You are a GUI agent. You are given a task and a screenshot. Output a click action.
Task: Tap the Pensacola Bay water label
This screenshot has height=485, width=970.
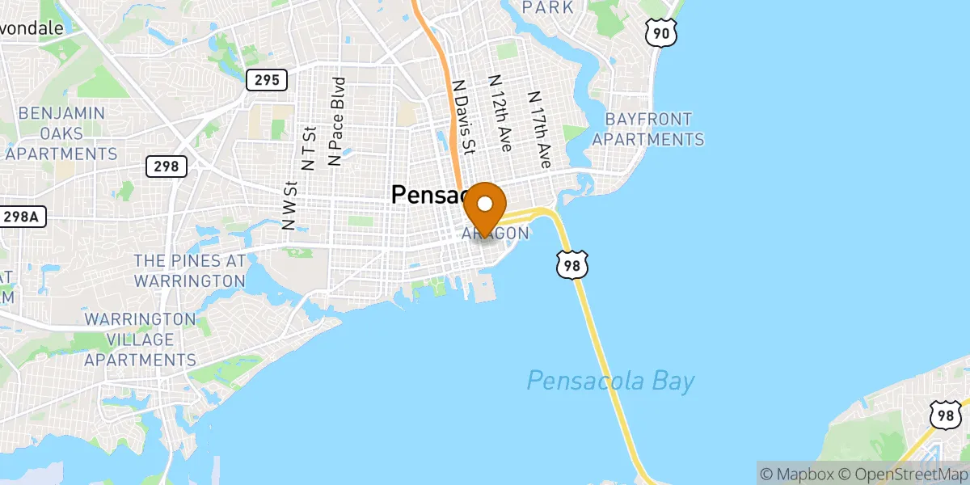click(x=610, y=380)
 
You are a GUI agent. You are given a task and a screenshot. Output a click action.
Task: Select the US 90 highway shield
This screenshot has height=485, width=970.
click(x=660, y=32)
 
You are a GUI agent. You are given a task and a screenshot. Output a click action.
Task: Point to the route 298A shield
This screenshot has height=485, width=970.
click(x=22, y=217)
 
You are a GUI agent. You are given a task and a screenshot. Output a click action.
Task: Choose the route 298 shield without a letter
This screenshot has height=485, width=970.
click(x=167, y=167)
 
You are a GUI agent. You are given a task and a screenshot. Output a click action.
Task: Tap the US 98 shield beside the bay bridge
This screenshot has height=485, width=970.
click(x=571, y=265)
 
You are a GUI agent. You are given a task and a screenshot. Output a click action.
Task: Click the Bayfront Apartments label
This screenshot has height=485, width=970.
click(x=648, y=129)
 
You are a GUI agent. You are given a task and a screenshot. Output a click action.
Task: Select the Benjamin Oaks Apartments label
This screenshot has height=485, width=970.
click(x=61, y=133)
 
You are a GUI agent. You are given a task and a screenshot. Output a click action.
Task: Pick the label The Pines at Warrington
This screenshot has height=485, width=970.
click(x=189, y=271)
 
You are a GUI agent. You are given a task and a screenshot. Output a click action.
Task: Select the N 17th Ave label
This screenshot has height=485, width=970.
click(x=539, y=129)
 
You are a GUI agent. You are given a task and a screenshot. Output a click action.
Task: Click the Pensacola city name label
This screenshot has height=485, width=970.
click(x=428, y=194)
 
